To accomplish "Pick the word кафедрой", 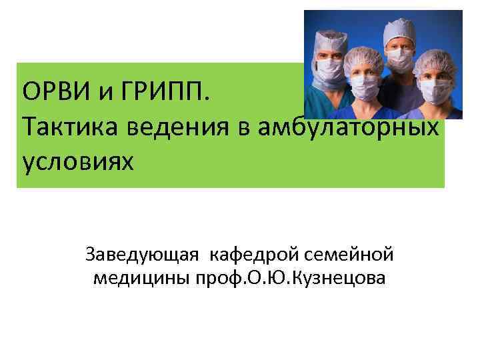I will [x=256, y=254].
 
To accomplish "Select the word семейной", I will [x=349, y=254].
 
